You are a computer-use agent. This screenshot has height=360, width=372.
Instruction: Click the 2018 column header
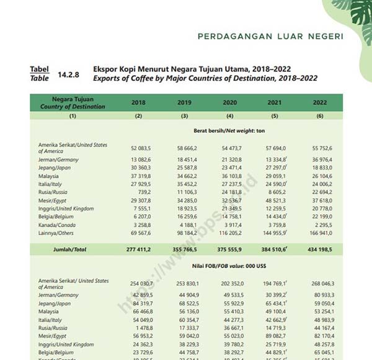[138, 102]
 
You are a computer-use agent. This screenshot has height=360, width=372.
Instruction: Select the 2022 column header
[320, 102]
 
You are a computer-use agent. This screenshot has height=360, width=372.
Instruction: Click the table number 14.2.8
[69, 74]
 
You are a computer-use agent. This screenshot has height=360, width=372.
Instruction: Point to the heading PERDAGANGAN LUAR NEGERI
[270, 37]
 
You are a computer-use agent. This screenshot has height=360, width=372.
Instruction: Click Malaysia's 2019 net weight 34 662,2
[185, 176]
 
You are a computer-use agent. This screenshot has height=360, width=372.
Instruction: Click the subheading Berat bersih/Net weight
[229, 131]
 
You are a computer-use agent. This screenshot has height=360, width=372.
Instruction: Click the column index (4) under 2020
[229, 116]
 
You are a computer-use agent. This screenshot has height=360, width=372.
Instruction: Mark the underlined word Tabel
[39, 70]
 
